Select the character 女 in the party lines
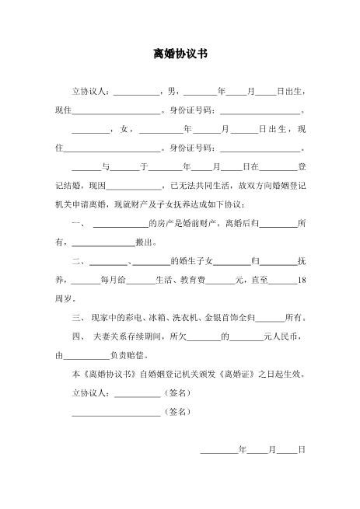point(125,128)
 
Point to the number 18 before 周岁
point(303,280)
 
